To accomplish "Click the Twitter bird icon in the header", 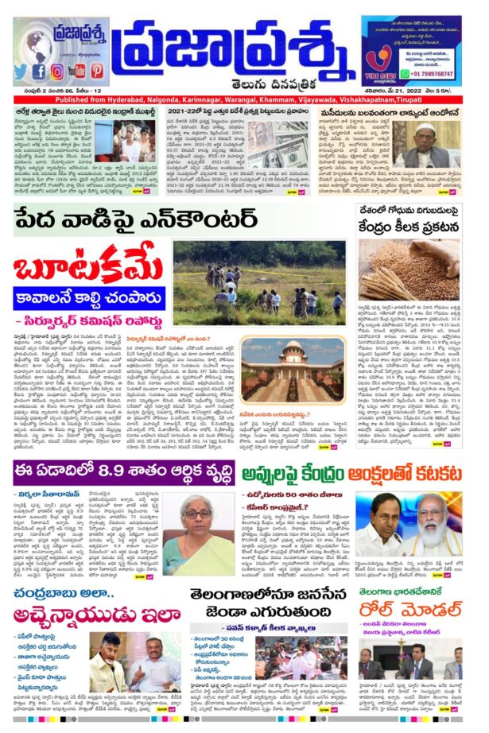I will (x=21, y=72).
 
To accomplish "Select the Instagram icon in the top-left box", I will (x=57, y=72).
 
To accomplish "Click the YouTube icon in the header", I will (x=76, y=72).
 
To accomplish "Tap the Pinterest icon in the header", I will (x=96, y=72).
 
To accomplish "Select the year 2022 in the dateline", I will (x=424, y=90).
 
